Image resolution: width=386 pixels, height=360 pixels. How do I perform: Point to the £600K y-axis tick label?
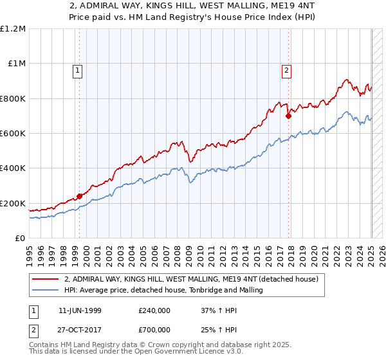point(13,134)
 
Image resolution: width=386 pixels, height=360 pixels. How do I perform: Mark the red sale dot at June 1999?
point(80,196)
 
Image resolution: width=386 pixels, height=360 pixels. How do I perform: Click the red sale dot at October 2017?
point(288,116)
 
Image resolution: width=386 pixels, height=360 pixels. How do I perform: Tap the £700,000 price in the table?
point(154,329)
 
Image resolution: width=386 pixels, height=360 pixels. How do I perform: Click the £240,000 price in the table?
point(154,310)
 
